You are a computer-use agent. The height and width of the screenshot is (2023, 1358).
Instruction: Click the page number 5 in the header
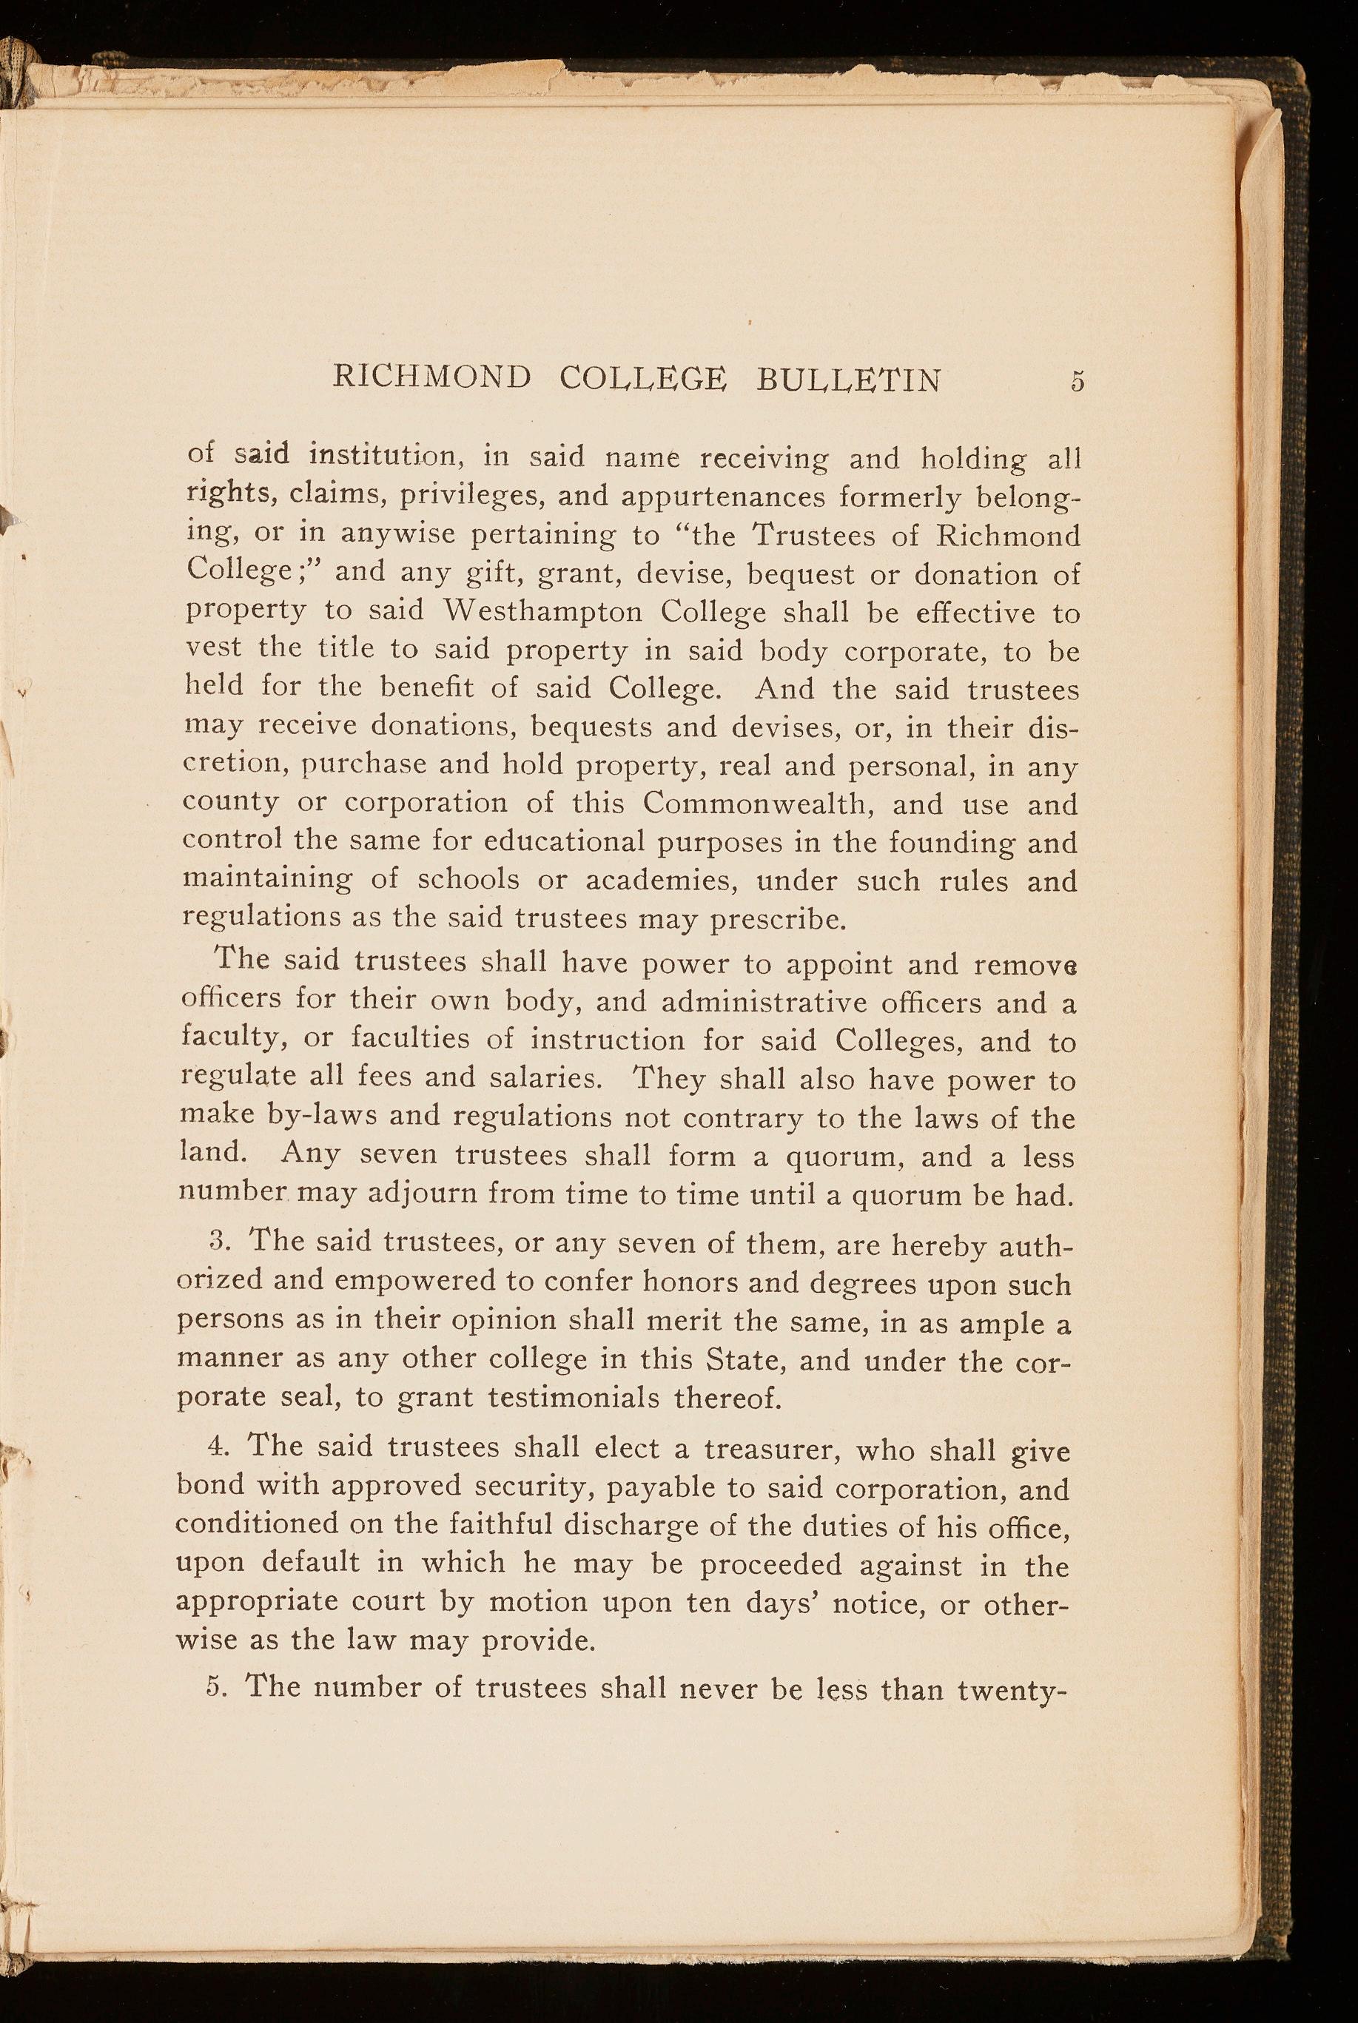tap(1077, 380)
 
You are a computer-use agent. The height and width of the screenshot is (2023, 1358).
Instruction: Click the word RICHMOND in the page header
tap(431, 378)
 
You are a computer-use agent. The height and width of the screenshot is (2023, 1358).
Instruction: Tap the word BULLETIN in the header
tap(848, 380)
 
